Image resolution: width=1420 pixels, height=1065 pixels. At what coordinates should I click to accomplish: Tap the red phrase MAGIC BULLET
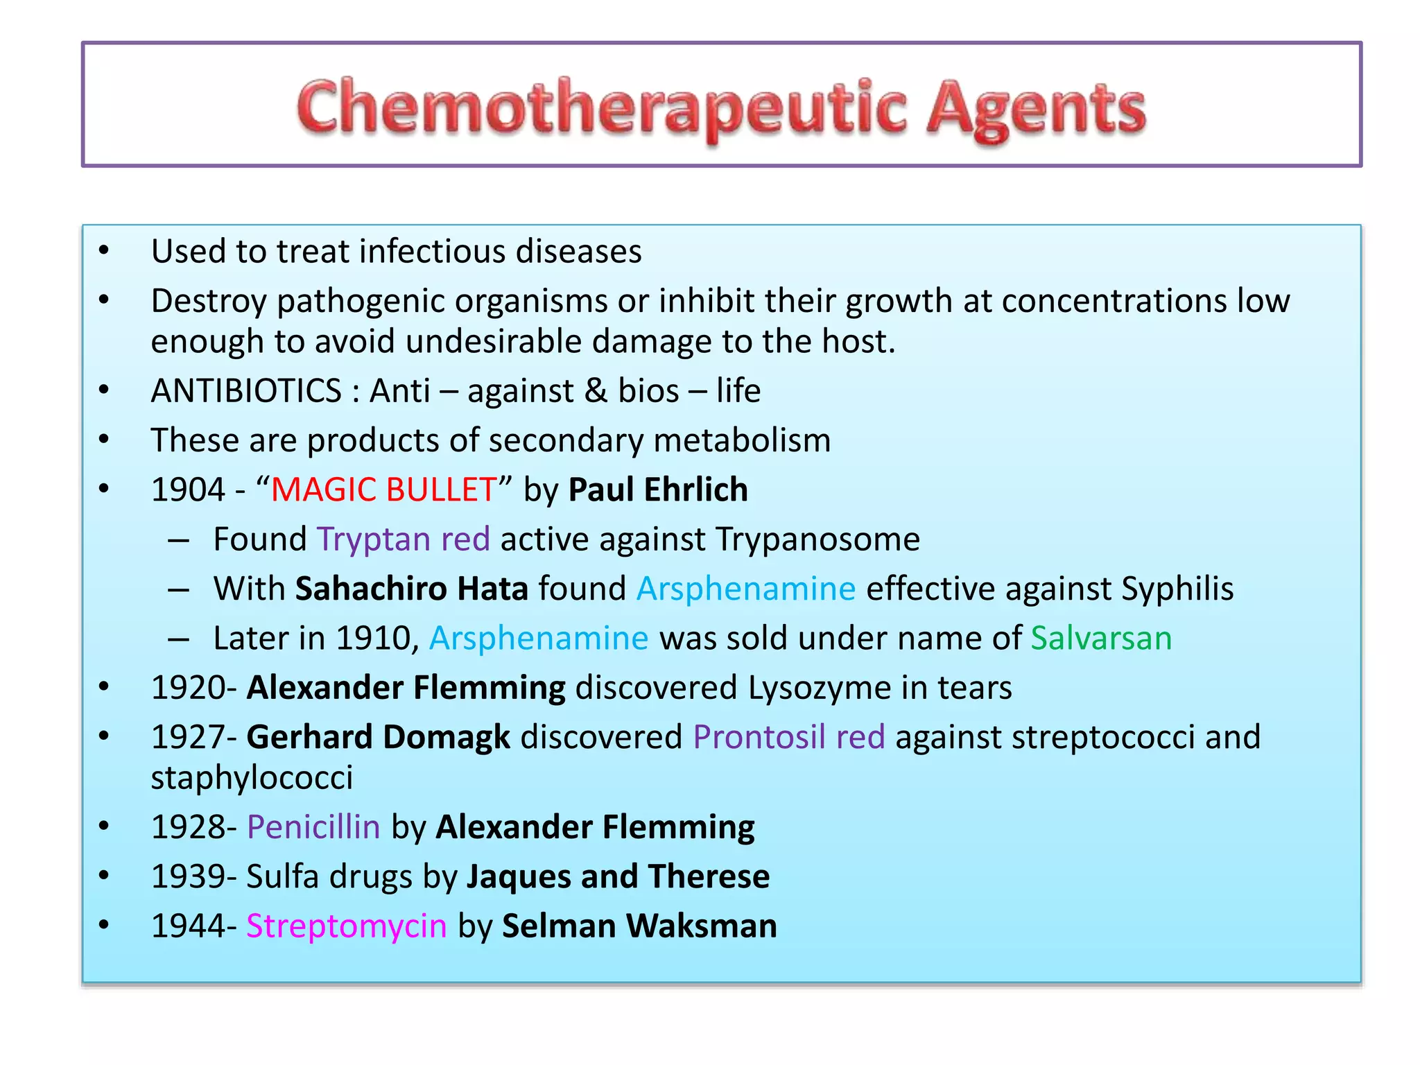pyautogui.click(x=383, y=490)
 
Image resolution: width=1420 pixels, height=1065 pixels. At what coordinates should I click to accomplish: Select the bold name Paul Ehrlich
pyautogui.click(x=658, y=490)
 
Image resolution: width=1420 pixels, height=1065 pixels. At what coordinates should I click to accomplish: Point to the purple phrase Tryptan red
pyautogui.click(x=404, y=539)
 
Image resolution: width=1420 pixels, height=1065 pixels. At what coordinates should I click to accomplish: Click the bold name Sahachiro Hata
pyautogui.click(x=412, y=589)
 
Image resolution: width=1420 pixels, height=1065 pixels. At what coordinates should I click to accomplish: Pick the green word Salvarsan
pyautogui.click(x=1101, y=638)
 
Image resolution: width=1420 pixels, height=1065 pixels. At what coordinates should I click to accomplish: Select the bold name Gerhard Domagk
pyautogui.click(x=379, y=737)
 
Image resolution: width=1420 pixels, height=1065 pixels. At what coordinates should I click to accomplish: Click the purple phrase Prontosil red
pyautogui.click(x=789, y=737)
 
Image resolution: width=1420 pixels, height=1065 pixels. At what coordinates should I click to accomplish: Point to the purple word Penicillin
pyautogui.click(x=313, y=827)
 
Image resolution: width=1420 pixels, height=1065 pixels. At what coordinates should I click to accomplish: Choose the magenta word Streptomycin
pyautogui.click(x=347, y=926)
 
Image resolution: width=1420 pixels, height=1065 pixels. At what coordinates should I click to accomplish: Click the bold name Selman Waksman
pyautogui.click(x=639, y=926)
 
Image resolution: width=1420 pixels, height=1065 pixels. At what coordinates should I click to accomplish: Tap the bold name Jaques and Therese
pyautogui.click(x=618, y=876)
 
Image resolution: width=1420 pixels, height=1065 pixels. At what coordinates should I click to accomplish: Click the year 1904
pyautogui.click(x=188, y=490)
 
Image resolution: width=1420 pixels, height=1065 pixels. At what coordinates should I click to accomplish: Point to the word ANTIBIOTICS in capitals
pyautogui.click(x=246, y=391)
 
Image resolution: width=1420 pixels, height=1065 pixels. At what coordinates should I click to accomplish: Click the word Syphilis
pyautogui.click(x=1177, y=589)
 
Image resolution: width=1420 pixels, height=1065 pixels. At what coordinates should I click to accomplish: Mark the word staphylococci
pyautogui.click(x=252, y=778)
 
